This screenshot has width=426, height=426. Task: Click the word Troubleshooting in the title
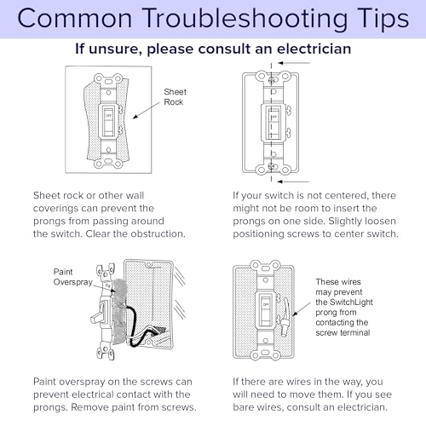point(245,19)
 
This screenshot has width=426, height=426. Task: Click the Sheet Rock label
point(175,97)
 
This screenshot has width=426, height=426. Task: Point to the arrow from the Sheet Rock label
point(146,111)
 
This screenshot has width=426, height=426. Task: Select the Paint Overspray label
point(72,277)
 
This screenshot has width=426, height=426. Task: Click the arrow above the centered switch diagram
point(293,63)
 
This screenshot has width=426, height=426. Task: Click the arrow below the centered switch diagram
point(293,181)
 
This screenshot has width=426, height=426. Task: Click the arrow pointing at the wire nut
point(302,309)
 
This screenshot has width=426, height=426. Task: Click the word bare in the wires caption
point(244,407)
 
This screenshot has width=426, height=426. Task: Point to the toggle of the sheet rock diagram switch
point(108,121)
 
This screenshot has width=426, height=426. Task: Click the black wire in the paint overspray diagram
point(134,326)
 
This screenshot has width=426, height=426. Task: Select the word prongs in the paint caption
point(49,407)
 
